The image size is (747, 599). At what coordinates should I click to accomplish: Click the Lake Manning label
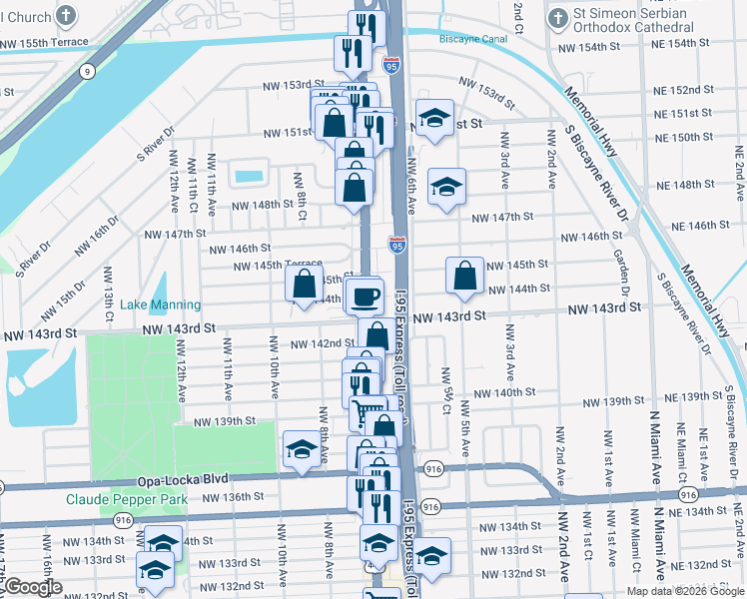[160, 304]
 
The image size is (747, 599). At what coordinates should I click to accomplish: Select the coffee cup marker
[366, 295]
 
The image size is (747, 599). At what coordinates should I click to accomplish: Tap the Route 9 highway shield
[89, 71]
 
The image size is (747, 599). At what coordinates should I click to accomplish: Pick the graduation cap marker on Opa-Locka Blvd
[301, 449]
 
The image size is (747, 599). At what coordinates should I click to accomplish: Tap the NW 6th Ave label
[411, 186]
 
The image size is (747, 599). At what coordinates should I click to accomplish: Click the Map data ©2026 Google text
[684, 591]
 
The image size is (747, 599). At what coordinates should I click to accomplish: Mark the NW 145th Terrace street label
[278, 266]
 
